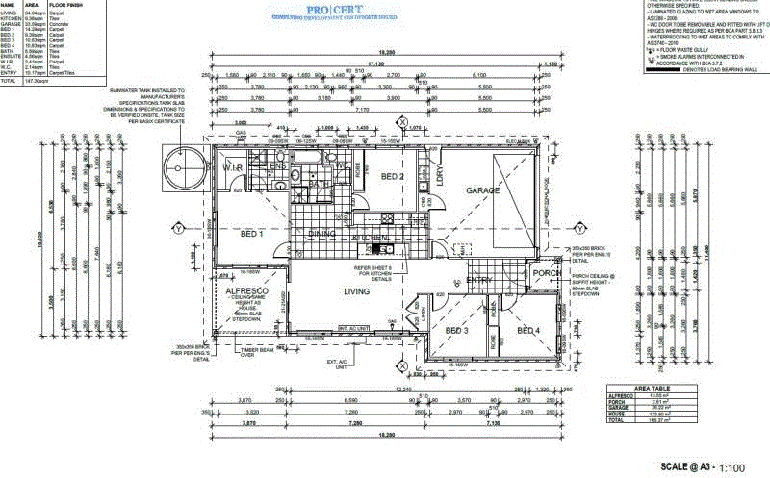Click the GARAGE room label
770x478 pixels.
pos(483,190)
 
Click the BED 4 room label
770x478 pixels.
pos(528,332)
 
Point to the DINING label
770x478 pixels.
pos(321,234)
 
